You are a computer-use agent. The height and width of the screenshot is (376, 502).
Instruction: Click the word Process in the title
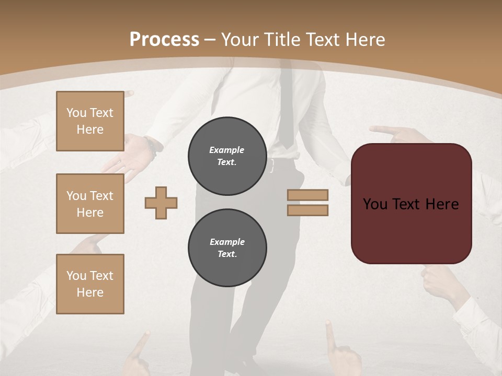point(164,40)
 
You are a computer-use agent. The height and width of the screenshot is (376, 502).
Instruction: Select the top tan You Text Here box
point(90,121)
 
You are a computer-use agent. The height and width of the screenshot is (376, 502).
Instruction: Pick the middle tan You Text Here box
point(90,204)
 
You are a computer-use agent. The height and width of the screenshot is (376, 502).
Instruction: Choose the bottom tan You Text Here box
point(90,284)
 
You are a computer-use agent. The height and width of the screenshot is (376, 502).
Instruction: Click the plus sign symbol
point(161,203)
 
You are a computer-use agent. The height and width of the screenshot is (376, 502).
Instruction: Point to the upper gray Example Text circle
point(227,156)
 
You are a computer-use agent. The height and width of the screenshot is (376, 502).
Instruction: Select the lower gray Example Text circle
point(227,248)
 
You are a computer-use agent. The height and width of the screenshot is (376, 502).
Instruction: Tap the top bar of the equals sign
point(307,195)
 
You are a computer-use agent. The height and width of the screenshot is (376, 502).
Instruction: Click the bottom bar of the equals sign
point(307,210)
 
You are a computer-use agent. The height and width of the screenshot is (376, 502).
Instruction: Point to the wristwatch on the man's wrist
point(152,146)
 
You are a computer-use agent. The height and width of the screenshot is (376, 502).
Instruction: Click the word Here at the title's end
point(364,40)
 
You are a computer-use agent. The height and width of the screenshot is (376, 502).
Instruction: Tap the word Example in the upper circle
point(227,150)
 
